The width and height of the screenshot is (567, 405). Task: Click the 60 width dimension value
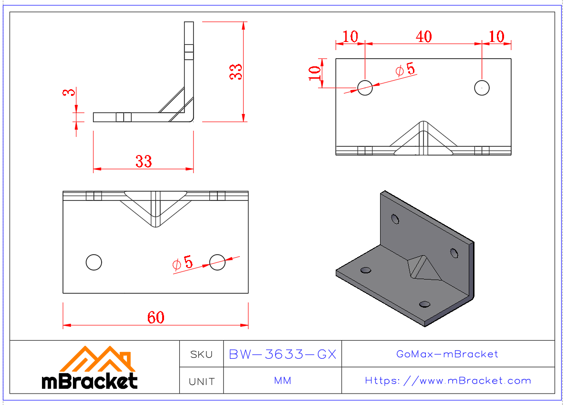[156, 317]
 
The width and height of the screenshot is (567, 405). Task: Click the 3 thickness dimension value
[70, 91]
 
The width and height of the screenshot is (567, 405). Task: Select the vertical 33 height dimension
[236, 72]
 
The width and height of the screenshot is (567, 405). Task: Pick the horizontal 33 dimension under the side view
[144, 161]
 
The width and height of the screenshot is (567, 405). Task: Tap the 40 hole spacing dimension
[423, 36]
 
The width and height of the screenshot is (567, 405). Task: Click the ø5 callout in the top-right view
[406, 70]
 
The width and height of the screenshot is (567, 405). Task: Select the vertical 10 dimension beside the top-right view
[315, 73]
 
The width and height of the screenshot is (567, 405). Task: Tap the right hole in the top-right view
[482, 88]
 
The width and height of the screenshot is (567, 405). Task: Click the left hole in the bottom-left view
[94, 262]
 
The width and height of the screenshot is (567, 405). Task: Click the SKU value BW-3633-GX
[283, 354]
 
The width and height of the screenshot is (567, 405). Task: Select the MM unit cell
[283, 381]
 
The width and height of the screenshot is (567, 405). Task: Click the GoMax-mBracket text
[447, 354]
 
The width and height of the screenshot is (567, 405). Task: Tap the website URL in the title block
[448, 381]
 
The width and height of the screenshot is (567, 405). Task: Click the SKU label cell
[202, 354]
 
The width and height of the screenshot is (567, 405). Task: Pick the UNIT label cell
[202, 381]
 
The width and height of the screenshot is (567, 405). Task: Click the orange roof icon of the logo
[97, 359]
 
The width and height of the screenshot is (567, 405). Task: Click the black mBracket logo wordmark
[90, 381]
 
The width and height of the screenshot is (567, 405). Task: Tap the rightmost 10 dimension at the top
[496, 36]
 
